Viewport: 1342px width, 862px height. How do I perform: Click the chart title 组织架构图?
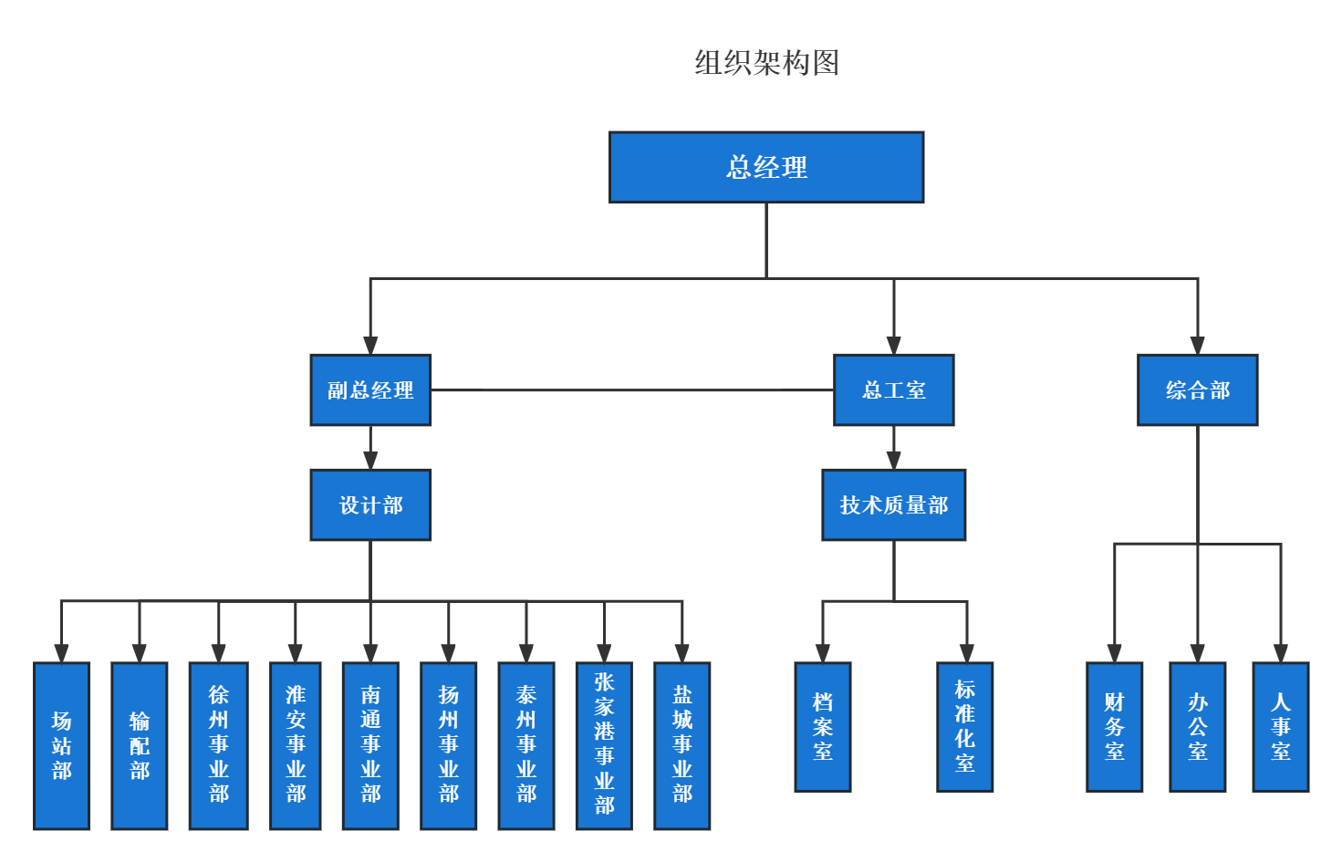(x=766, y=62)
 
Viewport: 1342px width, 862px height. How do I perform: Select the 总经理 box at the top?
(x=766, y=167)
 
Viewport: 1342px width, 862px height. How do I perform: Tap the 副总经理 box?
(x=370, y=390)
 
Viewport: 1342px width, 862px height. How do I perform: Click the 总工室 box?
(x=893, y=390)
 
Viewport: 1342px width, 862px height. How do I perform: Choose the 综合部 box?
(x=1197, y=390)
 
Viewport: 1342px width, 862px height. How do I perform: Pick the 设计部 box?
(x=370, y=505)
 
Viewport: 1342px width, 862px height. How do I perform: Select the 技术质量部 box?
(x=893, y=505)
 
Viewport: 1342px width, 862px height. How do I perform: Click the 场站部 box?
(x=62, y=745)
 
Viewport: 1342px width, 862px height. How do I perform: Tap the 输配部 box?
(x=140, y=745)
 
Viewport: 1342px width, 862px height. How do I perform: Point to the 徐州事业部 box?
(x=219, y=745)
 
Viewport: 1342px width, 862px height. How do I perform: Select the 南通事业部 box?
(x=370, y=745)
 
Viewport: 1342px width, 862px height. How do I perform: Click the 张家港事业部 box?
(x=604, y=745)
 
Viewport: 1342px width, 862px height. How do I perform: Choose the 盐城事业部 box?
(x=681, y=745)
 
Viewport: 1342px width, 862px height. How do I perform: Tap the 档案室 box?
(x=823, y=727)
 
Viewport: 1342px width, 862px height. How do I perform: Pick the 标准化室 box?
(x=964, y=727)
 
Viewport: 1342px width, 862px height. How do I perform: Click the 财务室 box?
(x=1114, y=727)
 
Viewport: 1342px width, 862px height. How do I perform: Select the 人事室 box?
(x=1280, y=727)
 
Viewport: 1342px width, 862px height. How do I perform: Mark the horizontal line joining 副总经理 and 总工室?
(x=631, y=389)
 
